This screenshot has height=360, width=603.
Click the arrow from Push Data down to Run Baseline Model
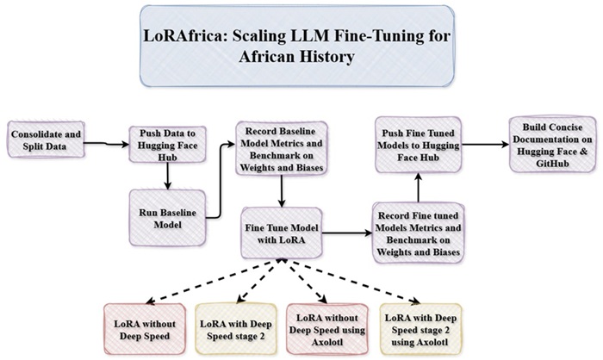[161, 175]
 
